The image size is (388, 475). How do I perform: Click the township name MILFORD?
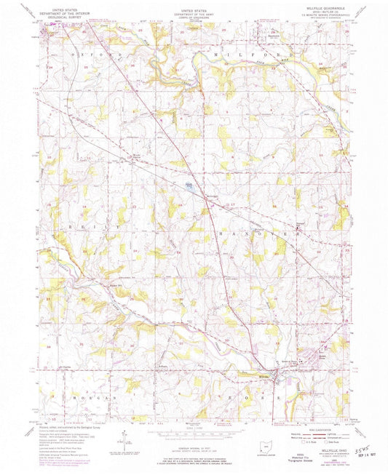pos(237,54)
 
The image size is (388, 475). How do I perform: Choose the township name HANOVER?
pos(258,232)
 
